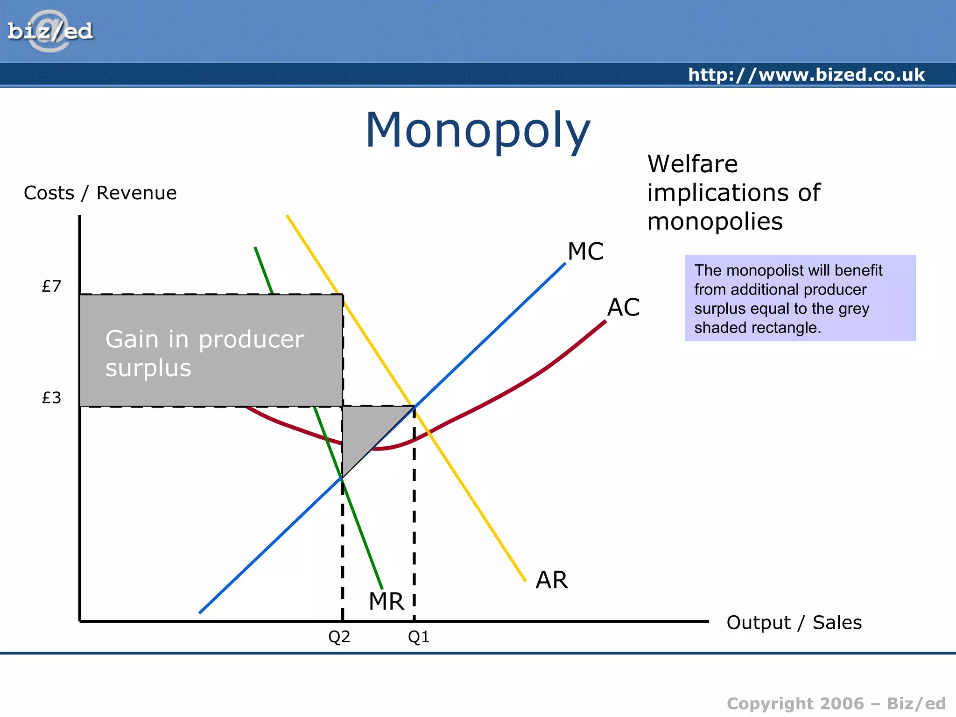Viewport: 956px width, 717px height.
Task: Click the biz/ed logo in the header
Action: (50, 31)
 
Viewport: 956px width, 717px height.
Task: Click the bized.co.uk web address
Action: (806, 75)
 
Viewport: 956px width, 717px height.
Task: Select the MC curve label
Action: (585, 252)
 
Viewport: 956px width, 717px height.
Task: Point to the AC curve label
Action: (623, 308)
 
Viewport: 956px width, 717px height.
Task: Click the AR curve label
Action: (551, 580)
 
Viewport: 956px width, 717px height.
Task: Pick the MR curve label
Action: (386, 601)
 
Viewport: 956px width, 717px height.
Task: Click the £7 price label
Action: (51, 286)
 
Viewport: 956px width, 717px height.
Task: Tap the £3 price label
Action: (51, 398)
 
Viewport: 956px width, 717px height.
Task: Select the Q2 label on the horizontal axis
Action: (339, 637)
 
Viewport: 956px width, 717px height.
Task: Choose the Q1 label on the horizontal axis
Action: (418, 637)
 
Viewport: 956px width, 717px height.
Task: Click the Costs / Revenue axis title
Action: (100, 193)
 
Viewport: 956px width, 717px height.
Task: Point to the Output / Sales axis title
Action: (794, 623)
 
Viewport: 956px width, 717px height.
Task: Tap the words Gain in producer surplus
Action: (204, 353)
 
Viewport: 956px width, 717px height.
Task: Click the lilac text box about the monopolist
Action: (800, 298)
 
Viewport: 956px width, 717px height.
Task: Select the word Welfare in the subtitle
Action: (692, 164)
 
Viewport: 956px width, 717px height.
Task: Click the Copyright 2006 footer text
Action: (836, 703)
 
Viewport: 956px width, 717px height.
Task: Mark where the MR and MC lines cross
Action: (342, 478)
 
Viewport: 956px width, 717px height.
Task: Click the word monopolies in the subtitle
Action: (715, 221)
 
